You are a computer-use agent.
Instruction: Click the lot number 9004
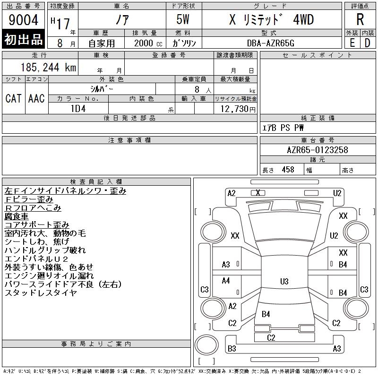coord(23,20)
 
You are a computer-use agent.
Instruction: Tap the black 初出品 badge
coord(23,39)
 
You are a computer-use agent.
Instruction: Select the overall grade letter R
coord(360,19)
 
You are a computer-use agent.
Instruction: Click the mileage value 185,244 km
coord(48,67)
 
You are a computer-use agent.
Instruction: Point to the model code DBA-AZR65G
coord(271,43)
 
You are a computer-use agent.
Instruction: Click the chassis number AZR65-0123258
coord(318,150)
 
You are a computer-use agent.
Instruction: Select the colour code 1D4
coord(78,109)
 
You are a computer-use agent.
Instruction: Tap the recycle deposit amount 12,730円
coord(238,109)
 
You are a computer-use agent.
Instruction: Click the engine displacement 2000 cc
coord(148,43)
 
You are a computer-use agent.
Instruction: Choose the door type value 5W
coord(183,19)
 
